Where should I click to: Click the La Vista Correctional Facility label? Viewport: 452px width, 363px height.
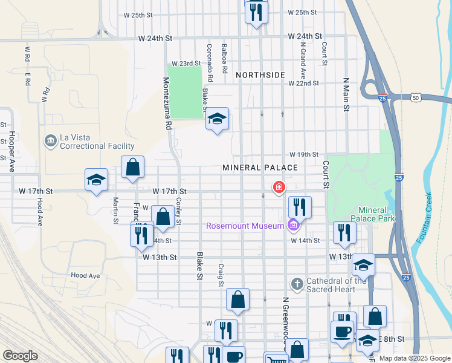coord(97,142)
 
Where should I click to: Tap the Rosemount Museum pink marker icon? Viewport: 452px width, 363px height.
coord(294,226)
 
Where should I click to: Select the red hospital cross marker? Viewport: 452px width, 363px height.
coord(279,188)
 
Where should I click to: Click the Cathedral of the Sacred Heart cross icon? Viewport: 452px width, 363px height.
coord(297,283)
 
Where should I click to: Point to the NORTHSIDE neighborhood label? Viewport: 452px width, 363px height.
coord(260,74)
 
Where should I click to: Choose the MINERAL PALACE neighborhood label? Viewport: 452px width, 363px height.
coord(260,167)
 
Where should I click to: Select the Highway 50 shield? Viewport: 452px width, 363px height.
coord(415,97)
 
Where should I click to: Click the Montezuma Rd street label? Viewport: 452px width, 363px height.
coord(167,103)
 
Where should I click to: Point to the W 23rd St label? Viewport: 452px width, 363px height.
coord(186,63)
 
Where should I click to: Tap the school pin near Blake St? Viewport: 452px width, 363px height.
coord(216,119)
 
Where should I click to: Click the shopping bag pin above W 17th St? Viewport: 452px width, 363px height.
coord(132,167)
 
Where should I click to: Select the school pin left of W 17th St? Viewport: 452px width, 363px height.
coord(96,180)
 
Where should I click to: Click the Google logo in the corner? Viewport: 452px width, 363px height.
coord(20,356)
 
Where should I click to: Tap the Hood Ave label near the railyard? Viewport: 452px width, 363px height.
coord(85,275)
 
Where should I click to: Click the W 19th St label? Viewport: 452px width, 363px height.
coord(303,154)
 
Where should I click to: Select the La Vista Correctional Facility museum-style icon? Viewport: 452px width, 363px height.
coord(50,142)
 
